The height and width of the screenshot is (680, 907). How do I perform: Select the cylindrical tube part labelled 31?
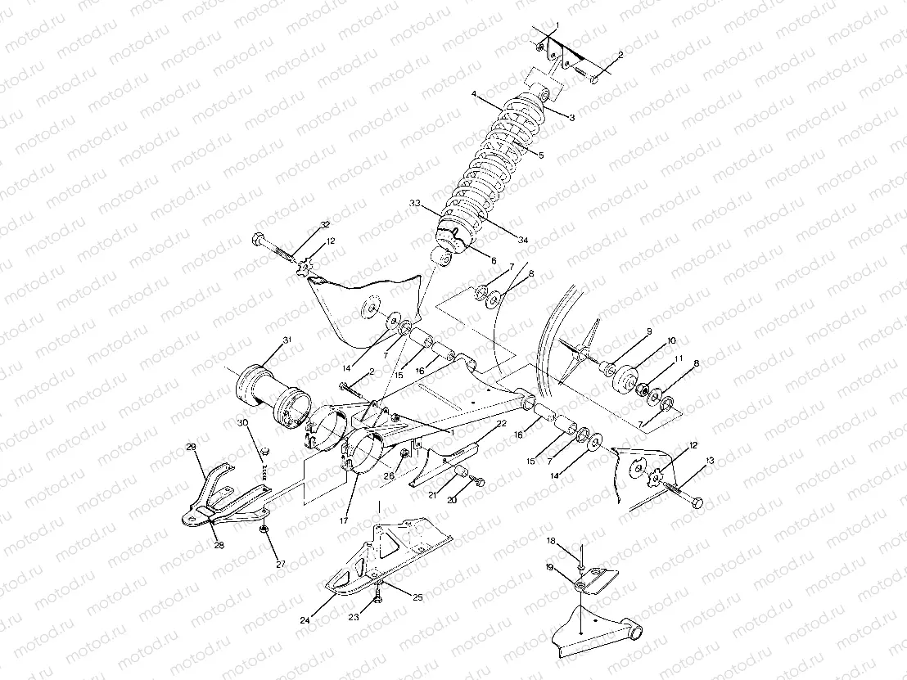[x=272, y=394]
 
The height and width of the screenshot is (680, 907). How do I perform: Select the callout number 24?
[x=305, y=621]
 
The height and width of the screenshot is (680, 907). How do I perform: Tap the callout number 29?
[x=191, y=447]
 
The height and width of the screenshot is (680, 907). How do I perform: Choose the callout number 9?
[x=648, y=331]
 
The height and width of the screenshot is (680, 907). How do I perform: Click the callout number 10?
[x=671, y=340]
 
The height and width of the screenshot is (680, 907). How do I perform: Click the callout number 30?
[x=242, y=422]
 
